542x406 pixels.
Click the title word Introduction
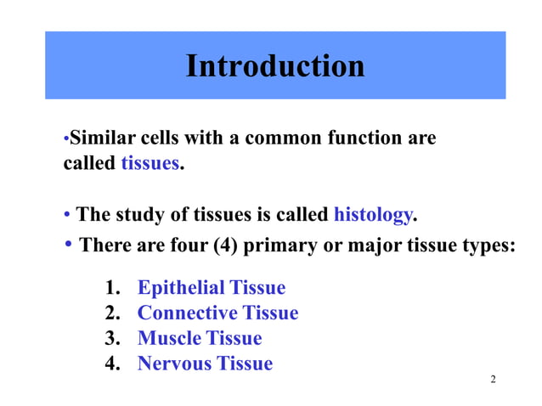(x=274, y=65)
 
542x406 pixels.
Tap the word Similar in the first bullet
(x=97, y=138)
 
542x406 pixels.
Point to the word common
(x=281, y=138)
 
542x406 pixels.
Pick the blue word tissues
(x=150, y=163)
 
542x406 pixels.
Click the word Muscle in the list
(x=169, y=339)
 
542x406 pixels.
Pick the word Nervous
(x=174, y=364)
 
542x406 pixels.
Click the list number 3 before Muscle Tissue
(x=110, y=339)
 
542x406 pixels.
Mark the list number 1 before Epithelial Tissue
(x=110, y=288)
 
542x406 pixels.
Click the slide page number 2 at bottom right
(x=493, y=378)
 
